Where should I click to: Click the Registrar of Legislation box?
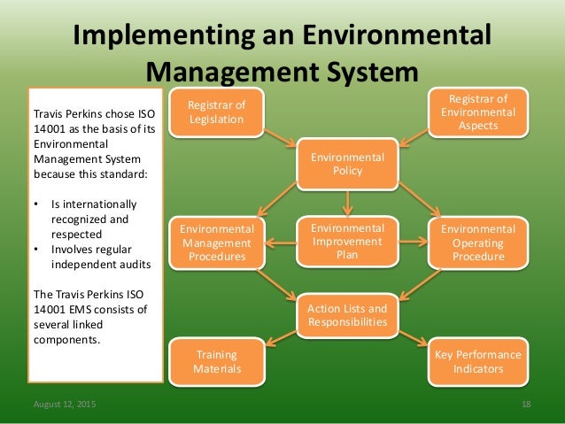pos(216,112)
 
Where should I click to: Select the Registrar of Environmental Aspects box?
pos(479,112)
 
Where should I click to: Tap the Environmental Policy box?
pos(347,164)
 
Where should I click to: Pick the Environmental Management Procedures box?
pos(217,243)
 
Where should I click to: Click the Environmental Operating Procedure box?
pos(478,243)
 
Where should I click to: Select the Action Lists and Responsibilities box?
pos(347,315)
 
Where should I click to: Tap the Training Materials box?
pos(216,361)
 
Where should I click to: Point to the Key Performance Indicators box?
pos(478,361)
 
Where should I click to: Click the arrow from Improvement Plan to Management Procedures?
pos(281,242)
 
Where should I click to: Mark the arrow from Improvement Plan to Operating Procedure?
pos(414,242)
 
